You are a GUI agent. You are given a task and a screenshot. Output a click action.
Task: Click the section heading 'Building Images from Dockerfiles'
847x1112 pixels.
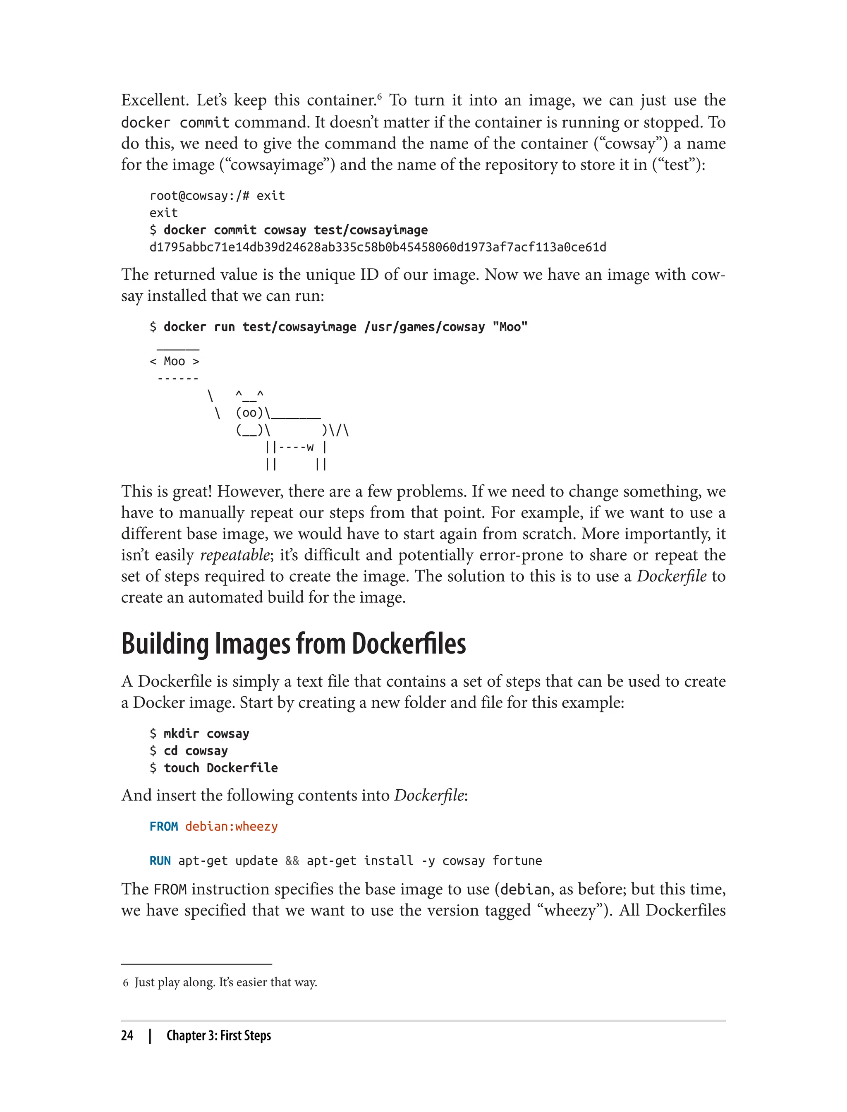293,644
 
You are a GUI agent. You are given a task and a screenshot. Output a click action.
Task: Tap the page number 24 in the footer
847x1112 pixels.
127,1035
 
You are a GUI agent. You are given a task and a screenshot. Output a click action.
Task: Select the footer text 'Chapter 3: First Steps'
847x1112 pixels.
218,1035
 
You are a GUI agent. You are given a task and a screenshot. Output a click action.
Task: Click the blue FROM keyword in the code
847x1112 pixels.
163,827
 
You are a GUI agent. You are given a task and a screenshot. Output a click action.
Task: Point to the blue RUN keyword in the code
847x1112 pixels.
160,861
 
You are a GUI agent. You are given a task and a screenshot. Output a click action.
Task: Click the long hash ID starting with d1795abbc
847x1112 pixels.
378,247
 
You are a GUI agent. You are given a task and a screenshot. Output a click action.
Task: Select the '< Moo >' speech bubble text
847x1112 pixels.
175,362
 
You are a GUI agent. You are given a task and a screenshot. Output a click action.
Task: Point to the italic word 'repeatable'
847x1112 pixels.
235,555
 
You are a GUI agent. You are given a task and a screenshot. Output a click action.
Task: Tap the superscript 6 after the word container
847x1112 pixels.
379,95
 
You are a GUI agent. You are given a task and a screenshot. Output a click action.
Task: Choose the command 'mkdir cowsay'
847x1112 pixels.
206,734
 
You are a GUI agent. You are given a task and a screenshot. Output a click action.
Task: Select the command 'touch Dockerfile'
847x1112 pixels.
220,768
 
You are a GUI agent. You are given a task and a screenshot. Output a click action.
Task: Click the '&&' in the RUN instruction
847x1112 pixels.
292,861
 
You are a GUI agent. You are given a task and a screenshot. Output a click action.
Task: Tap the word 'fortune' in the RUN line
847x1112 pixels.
517,861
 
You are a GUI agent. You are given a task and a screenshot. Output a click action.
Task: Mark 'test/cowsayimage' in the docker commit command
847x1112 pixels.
371,230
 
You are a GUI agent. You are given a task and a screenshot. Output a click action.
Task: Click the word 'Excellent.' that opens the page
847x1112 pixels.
154,101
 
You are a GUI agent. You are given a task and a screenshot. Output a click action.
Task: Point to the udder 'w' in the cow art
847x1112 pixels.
309,447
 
